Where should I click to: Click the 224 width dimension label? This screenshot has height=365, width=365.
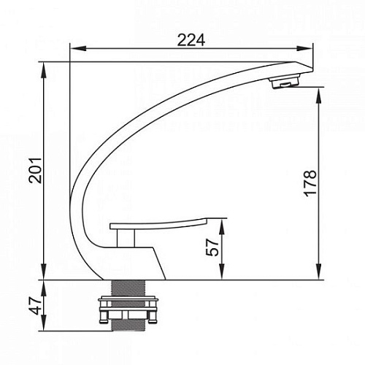[191, 40]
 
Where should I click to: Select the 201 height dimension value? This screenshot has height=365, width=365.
[35, 171]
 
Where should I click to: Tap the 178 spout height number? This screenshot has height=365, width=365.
[310, 184]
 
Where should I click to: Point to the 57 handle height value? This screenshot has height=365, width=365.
[212, 247]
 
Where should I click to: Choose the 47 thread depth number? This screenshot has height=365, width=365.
[35, 306]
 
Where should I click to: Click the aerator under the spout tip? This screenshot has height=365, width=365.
[284, 82]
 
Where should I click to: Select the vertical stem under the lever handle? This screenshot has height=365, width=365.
[126, 238]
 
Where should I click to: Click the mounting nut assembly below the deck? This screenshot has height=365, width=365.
[128, 310]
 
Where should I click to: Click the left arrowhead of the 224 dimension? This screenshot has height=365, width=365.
[78, 48]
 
